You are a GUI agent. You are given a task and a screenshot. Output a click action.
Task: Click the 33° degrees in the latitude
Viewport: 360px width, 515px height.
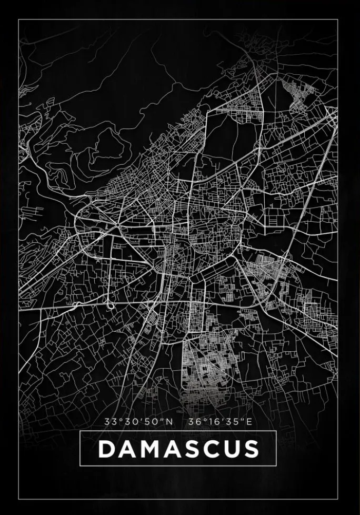112,422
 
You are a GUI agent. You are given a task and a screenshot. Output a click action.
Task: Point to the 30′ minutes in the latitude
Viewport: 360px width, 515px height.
129,422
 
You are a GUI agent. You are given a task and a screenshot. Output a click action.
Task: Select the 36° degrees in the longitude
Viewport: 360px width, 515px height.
195,422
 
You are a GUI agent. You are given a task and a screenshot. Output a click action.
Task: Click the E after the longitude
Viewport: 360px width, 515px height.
249,422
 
